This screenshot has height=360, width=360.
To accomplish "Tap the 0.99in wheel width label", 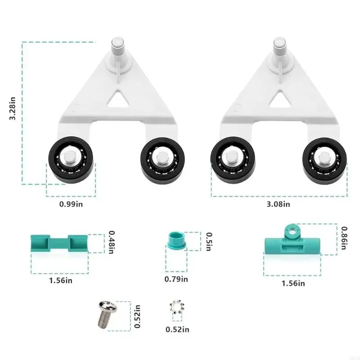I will [71, 203].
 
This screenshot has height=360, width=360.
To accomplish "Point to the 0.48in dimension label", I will [112, 242].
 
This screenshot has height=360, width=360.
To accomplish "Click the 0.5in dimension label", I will [209, 241].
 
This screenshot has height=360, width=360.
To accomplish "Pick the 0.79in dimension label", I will [176, 279].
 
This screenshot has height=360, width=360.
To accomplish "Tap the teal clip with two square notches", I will [59, 243].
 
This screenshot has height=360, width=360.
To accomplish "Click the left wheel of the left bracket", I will [71, 160].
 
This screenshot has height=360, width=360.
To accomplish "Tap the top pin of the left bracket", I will [117, 47].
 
